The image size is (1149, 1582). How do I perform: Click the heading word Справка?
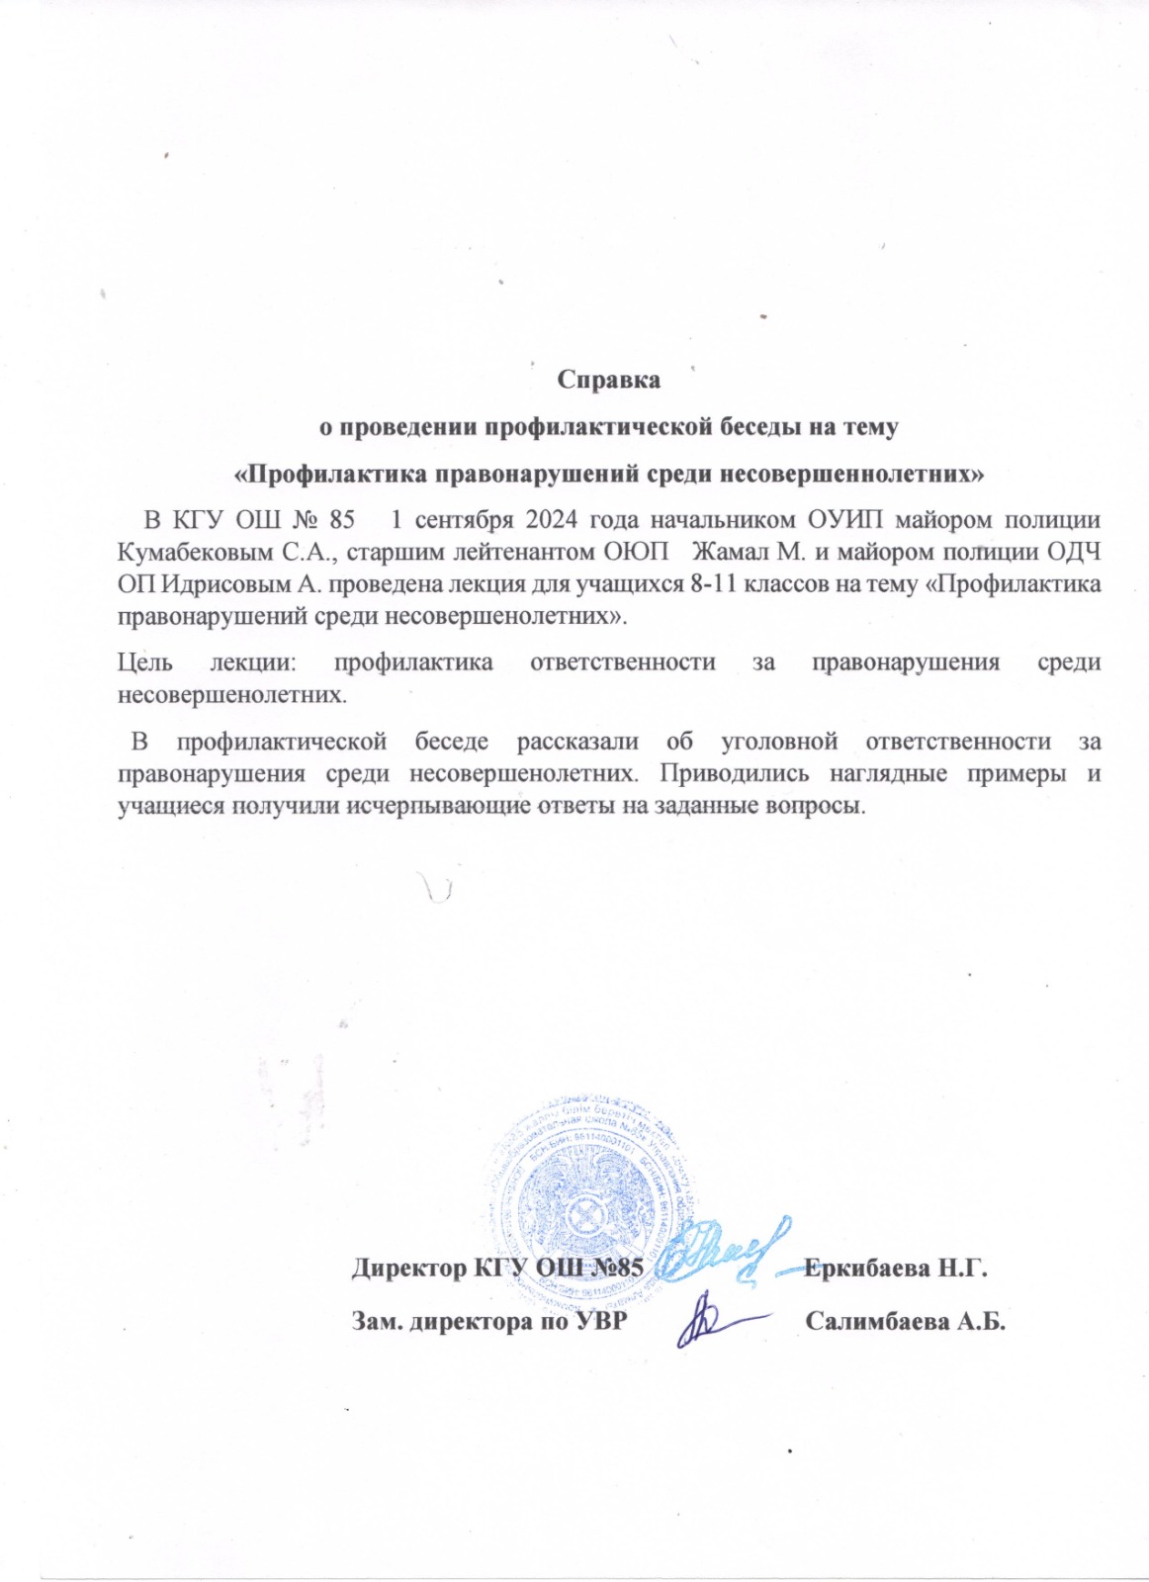(x=608, y=380)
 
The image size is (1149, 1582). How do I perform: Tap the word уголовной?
(x=779, y=741)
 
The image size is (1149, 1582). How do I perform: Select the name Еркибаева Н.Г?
(x=896, y=1269)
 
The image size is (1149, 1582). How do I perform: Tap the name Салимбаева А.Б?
(x=905, y=1322)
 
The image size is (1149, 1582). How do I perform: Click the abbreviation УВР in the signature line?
(x=598, y=1322)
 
